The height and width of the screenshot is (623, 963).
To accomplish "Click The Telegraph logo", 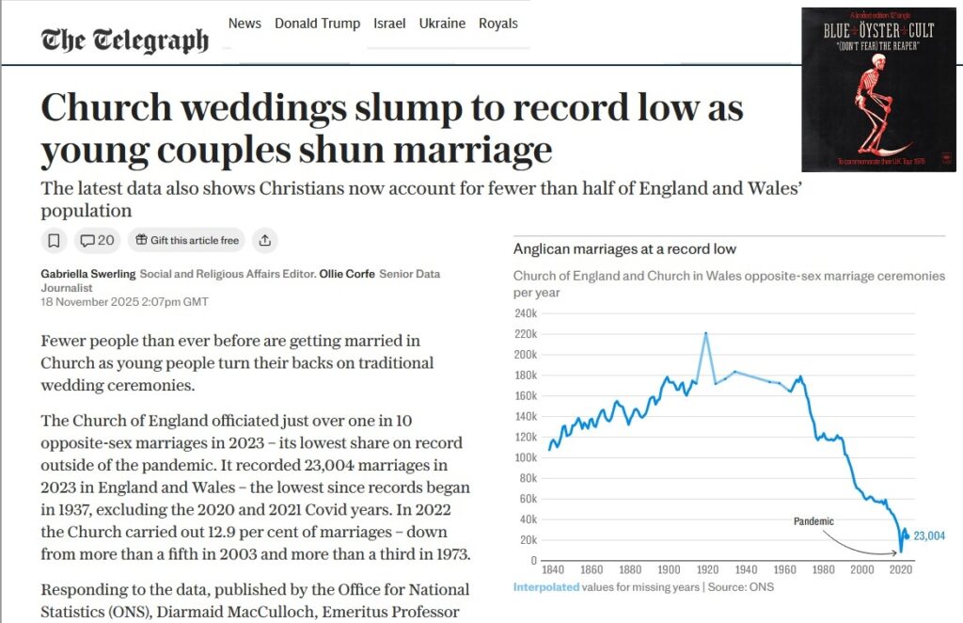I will pyautogui.click(x=124, y=40).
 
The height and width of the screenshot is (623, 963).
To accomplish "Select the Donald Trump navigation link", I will pyautogui.click(x=317, y=24).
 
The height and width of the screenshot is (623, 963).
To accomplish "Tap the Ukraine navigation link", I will pyautogui.click(x=442, y=24).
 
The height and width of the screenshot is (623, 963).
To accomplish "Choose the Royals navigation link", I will pyautogui.click(x=498, y=24).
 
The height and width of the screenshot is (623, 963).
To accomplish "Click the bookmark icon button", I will pyautogui.click(x=55, y=240).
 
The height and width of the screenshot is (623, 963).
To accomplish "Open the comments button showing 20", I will pyautogui.click(x=97, y=240).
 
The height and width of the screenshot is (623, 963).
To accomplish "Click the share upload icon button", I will pyautogui.click(x=265, y=240).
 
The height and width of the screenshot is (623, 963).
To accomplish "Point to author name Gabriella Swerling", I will pyautogui.click(x=87, y=274).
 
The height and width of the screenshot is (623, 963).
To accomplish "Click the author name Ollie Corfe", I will pyautogui.click(x=343, y=274).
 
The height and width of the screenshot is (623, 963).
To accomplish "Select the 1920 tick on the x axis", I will pyautogui.click(x=708, y=570).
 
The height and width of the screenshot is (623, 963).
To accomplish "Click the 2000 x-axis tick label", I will pyautogui.click(x=862, y=570).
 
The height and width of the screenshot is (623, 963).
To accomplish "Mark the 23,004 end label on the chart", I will pyautogui.click(x=929, y=535).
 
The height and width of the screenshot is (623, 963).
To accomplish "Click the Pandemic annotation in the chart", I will pyautogui.click(x=813, y=520).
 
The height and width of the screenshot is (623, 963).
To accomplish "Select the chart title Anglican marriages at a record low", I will pyautogui.click(x=624, y=249).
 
